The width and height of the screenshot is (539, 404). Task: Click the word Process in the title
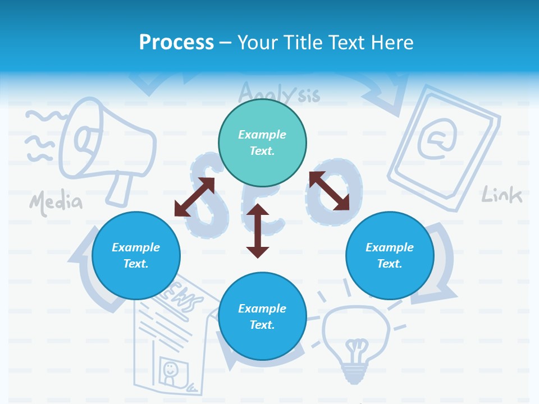click(176, 42)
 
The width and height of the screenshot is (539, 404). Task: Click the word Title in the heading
click(302, 42)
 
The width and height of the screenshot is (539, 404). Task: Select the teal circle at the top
click(262, 143)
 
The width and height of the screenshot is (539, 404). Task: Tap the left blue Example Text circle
click(136, 255)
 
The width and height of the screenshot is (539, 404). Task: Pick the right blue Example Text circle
click(390, 255)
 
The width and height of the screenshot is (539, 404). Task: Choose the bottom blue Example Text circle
click(262, 316)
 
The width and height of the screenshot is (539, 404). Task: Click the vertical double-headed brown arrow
click(258, 231)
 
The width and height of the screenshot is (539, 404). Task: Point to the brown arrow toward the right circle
click(329, 191)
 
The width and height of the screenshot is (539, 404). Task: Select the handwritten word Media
click(56, 203)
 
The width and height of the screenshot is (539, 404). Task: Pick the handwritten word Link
click(502, 195)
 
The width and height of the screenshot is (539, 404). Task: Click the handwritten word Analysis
click(279, 92)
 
